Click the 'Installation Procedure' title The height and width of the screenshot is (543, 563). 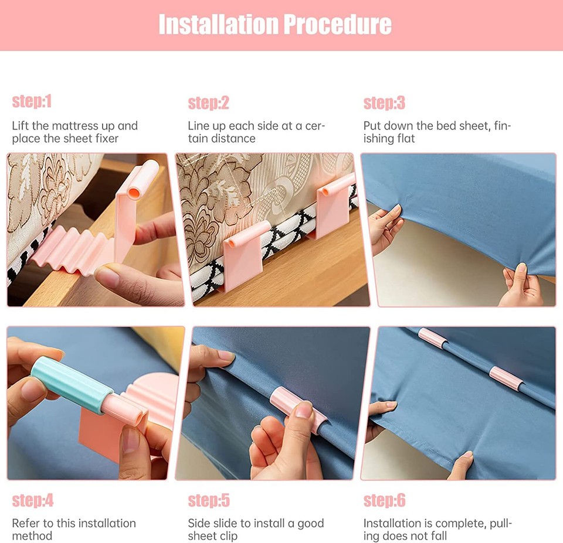pos(275,25)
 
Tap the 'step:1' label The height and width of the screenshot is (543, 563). pos(32,101)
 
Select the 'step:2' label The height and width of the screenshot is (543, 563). pos(208,103)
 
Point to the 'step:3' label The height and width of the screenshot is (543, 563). pos(384,103)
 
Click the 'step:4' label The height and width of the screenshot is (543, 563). pos(32,500)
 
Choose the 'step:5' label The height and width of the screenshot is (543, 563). pos(208,501)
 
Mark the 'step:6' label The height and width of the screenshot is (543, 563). pos(384,501)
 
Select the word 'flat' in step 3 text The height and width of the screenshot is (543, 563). pos(405,139)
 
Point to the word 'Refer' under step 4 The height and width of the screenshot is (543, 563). pos(26,523)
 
